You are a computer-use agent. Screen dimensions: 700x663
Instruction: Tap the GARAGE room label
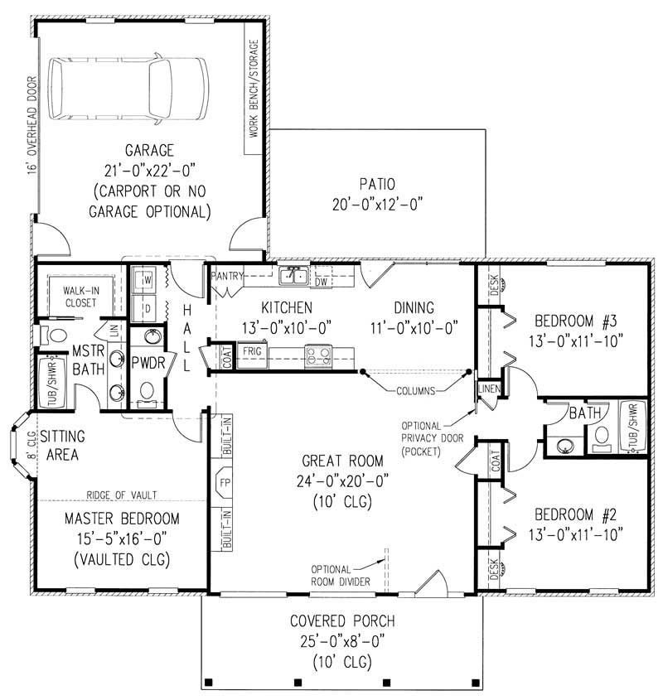click(x=149, y=151)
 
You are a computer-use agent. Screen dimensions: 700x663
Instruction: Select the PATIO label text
click(x=376, y=184)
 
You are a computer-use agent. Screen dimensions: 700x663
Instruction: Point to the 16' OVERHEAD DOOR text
click(x=31, y=125)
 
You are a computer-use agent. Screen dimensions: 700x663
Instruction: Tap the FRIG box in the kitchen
click(x=251, y=351)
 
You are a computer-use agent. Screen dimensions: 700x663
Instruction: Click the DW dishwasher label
click(x=322, y=282)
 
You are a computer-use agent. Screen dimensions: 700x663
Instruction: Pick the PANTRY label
click(x=226, y=275)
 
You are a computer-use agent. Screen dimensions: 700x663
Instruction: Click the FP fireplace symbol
click(x=225, y=481)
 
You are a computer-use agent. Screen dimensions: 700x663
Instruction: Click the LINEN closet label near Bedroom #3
click(x=487, y=389)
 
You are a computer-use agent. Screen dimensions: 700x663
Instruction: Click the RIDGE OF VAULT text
click(x=122, y=495)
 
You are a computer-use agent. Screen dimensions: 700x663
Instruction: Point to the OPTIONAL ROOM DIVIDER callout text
click(x=341, y=576)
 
